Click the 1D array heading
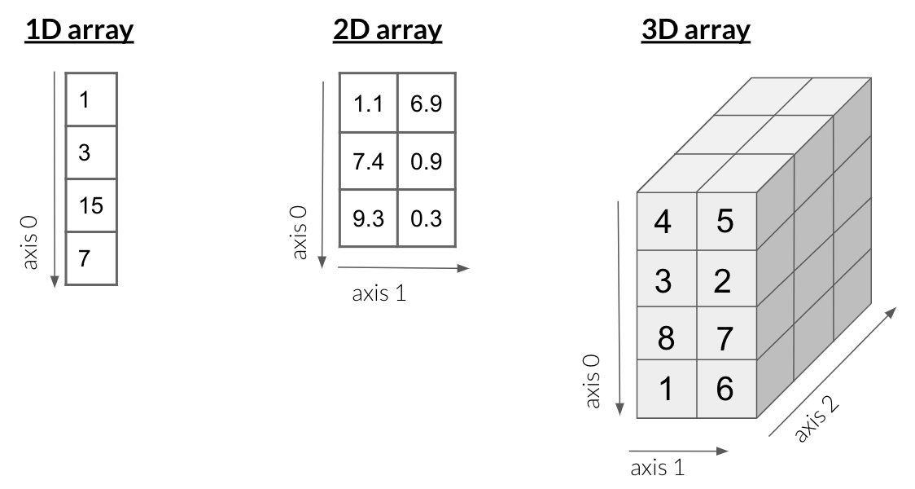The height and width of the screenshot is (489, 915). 80,31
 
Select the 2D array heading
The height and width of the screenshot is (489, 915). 387,31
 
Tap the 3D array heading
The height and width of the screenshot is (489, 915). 696,31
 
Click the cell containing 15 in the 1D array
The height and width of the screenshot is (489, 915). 91,206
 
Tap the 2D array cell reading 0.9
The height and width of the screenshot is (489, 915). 427,161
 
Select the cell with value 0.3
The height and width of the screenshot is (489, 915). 427,218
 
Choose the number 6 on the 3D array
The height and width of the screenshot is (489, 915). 725,390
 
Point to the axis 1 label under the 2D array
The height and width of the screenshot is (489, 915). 379,293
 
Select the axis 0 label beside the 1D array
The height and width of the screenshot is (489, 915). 32,242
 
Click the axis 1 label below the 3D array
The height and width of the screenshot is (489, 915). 657,468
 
